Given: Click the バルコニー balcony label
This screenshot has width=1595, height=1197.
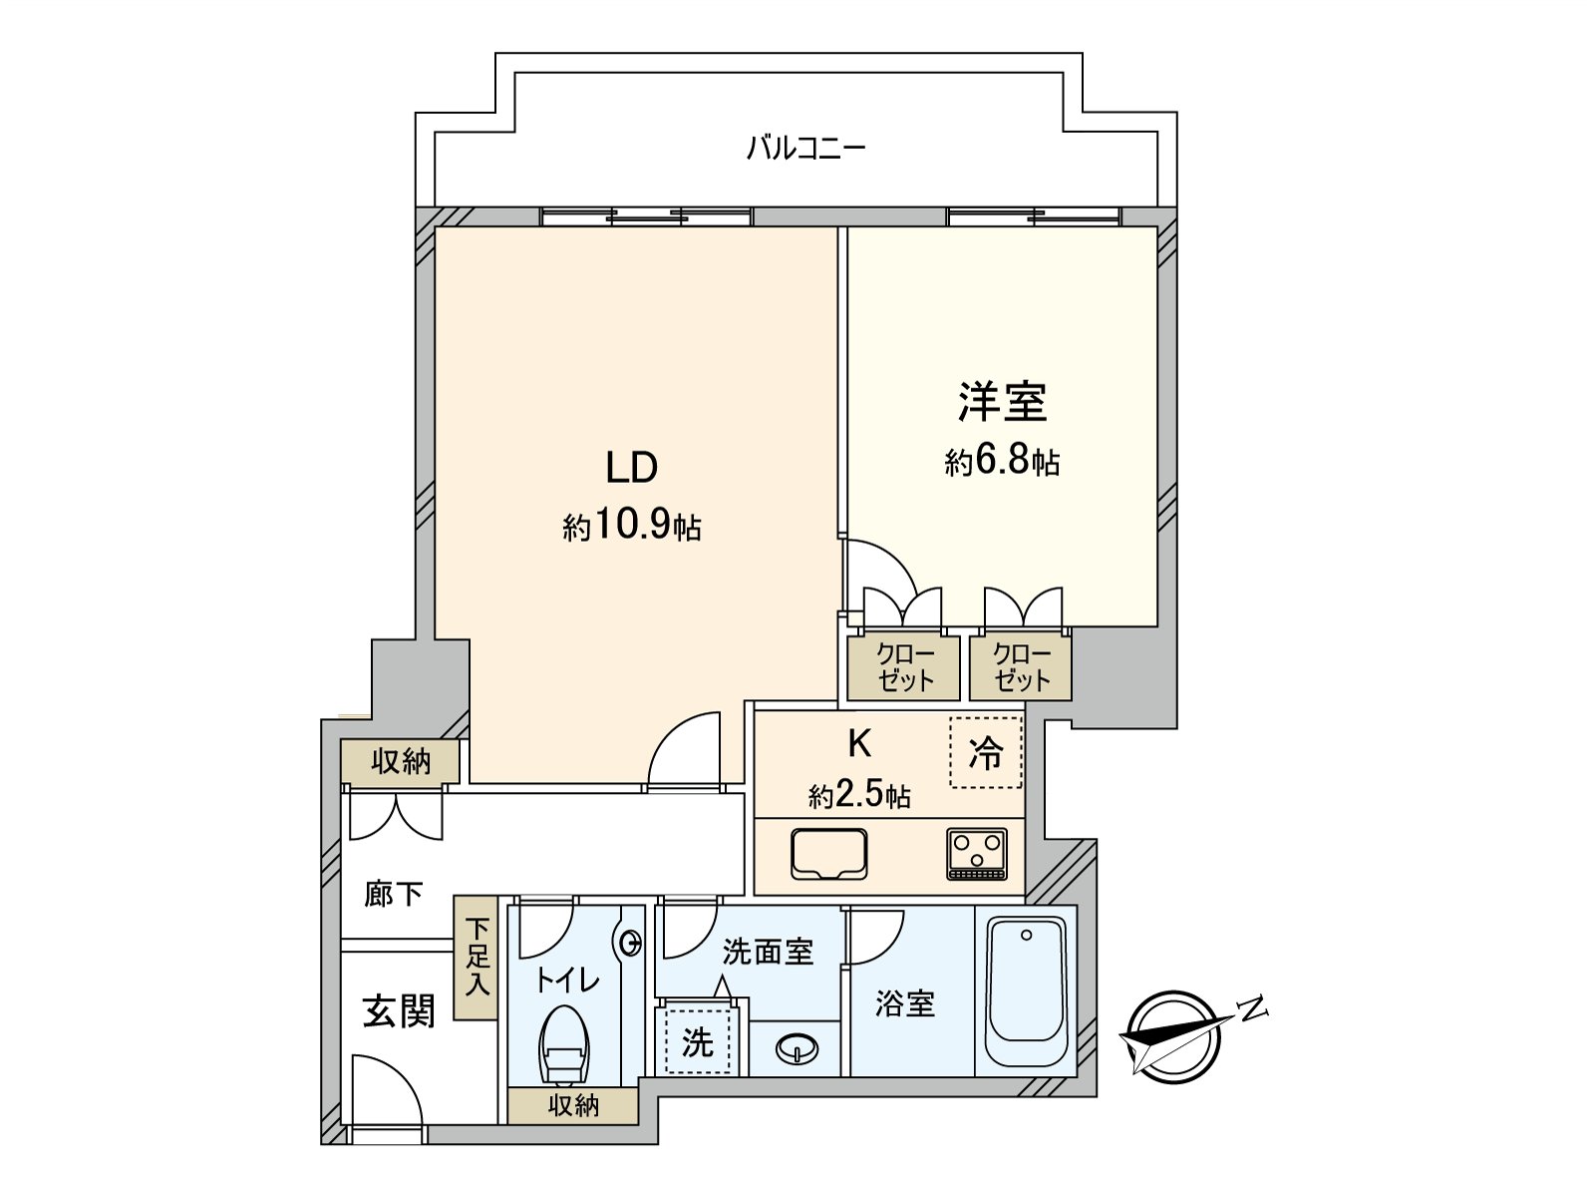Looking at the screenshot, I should pos(806,150).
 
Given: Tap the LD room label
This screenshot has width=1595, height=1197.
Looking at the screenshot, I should pos(632,467).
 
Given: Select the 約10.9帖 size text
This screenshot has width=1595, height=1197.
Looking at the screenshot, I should pos(632,526).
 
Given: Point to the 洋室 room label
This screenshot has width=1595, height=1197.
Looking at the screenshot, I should pos(1002,401).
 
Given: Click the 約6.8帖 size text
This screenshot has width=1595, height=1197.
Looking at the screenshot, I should pos(1002,461).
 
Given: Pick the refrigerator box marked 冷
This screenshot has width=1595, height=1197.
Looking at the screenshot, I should pos(986,752).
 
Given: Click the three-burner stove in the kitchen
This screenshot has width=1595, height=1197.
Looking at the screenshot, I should pos(977,855).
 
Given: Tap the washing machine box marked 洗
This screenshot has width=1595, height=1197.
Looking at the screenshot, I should pos(698,1041).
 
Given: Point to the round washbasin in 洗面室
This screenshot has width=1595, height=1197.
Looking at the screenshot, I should pos(797,1048).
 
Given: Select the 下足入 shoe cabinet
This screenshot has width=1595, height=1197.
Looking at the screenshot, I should pos(477,958).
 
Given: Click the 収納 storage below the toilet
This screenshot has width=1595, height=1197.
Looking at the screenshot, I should pos(573,1105).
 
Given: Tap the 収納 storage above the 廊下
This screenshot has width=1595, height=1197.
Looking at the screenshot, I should pos(401,762).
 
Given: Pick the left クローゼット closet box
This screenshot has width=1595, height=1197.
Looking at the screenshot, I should pos(904,667).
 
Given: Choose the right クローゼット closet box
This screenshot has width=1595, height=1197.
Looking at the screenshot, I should pos(1021,667).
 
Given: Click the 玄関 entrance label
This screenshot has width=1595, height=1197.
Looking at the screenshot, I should pos(398,1011).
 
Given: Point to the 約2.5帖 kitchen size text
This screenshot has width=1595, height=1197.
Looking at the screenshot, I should pos(859,795).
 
